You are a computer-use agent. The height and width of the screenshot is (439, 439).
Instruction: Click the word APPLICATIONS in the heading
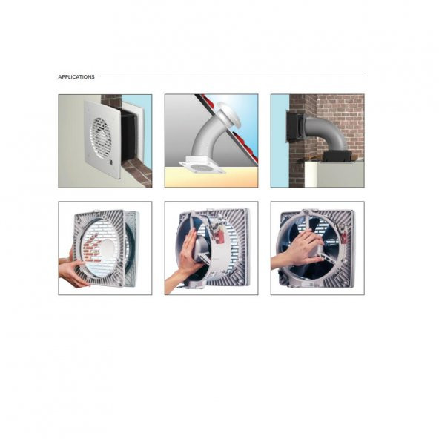(76, 76)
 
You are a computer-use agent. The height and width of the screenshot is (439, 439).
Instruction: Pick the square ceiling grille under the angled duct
(202, 167)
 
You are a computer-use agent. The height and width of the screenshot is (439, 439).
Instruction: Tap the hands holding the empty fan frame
(73, 270)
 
